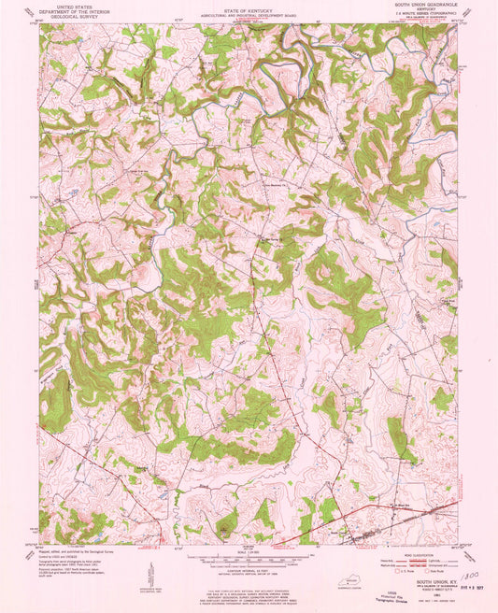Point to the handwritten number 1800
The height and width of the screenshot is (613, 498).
coord(468,579)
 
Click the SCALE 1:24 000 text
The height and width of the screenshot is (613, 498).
coord(248,550)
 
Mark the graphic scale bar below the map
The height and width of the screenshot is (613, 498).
coord(248,559)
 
